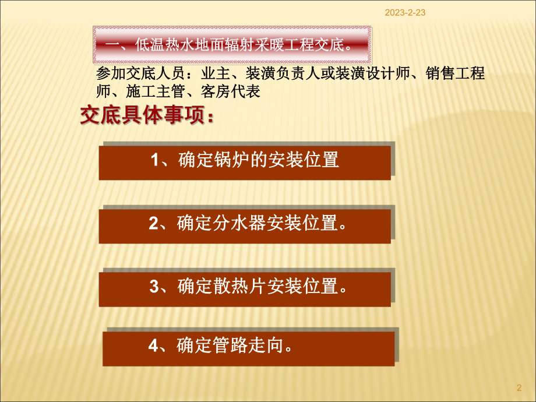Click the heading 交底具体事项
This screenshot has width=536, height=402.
[x=147, y=117]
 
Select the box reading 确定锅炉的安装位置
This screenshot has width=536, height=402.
[x=245, y=161]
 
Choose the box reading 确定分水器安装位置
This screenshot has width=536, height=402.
[x=245, y=224]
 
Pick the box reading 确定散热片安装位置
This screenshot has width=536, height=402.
[x=245, y=287]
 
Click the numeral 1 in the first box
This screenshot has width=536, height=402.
[x=155, y=161]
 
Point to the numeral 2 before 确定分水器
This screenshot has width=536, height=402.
[x=154, y=224]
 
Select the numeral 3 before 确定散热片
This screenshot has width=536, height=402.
[x=154, y=287]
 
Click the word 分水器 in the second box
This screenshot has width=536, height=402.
[x=231, y=224]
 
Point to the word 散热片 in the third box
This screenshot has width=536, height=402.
[x=231, y=287]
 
